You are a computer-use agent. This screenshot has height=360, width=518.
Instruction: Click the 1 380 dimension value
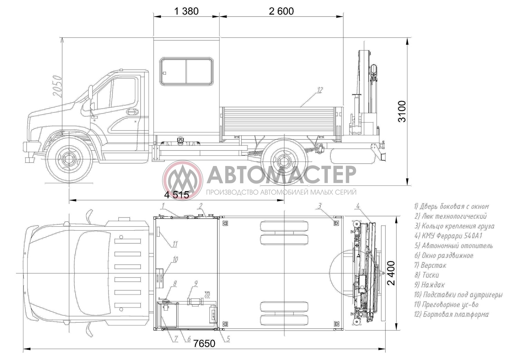pos(186,11)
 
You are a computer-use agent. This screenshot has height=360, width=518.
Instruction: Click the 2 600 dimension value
pos(281,11)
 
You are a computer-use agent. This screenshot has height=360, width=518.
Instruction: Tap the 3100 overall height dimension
pos(402,111)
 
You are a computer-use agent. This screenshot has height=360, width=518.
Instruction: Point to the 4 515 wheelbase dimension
pos(177,195)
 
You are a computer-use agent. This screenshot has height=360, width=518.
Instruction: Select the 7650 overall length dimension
pos(204,343)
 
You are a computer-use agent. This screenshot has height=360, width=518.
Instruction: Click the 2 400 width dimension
pos(391,273)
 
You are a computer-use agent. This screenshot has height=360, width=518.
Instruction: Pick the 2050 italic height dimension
pos(57,86)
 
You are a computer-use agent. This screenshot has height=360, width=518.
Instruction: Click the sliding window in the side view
pos(186,72)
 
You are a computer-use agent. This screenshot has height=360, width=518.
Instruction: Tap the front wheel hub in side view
pos(69,159)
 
